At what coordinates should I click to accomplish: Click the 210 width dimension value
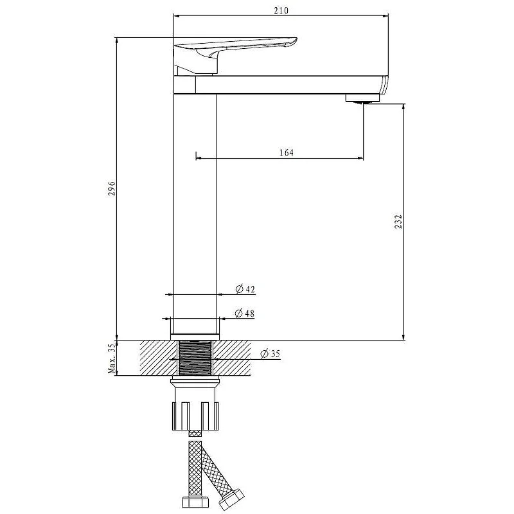281,10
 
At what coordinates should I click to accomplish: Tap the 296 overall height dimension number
112,188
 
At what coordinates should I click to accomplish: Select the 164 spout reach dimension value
287,152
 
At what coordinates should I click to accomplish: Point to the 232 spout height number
398,222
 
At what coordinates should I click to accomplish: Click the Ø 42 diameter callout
245,289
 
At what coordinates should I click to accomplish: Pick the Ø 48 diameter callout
245,314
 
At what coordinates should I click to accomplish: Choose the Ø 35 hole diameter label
270,354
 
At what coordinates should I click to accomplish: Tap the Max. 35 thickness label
112,359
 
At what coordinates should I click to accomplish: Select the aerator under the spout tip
362,98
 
